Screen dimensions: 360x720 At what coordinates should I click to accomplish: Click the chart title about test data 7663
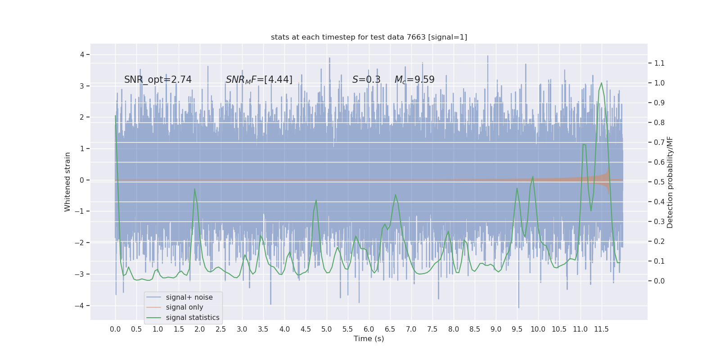point(369,37)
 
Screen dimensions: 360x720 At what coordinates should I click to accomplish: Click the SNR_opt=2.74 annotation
point(158,80)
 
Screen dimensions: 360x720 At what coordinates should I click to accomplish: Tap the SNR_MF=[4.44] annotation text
point(259,80)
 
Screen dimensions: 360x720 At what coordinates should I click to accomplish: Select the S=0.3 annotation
point(366,80)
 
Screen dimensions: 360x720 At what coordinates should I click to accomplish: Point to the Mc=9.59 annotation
point(414,80)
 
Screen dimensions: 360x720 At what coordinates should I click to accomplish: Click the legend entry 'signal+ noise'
point(189,297)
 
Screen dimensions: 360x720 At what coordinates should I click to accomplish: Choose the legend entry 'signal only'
point(184,307)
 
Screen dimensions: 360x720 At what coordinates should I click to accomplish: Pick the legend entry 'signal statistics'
point(193,318)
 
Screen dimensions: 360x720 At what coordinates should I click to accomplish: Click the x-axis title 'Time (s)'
point(369,338)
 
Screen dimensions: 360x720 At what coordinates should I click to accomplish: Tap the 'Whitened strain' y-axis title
point(67,182)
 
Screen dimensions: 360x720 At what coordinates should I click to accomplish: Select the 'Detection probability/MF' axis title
point(670,182)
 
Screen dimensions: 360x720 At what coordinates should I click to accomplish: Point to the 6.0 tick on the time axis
point(369,329)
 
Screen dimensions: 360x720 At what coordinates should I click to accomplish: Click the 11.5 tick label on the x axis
point(601,329)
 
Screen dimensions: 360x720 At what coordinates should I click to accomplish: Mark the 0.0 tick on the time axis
point(115,329)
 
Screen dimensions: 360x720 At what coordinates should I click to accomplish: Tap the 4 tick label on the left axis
point(82,54)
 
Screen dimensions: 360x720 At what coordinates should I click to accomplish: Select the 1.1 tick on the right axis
point(659,63)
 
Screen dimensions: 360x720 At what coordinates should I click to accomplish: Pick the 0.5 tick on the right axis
point(659,182)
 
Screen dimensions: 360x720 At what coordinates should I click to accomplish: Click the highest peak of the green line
point(601,83)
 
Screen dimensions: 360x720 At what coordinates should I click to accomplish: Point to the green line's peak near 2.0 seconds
point(194,189)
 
